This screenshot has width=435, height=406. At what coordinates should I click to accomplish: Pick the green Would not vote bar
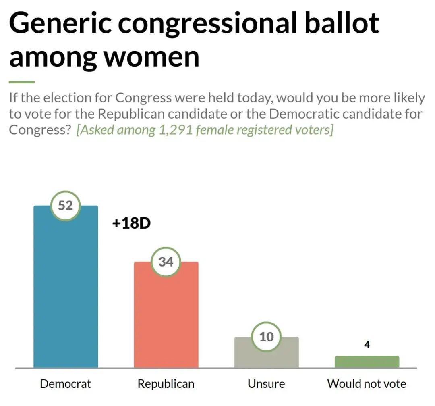click(367, 362)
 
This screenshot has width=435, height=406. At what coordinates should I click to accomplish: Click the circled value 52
click(66, 206)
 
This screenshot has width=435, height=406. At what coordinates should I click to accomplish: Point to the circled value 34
click(166, 262)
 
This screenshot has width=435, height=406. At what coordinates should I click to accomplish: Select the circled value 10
click(267, 337)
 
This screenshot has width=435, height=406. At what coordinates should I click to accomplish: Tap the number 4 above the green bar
click(367, 345)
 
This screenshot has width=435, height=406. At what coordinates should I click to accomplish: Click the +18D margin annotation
click(131, 223)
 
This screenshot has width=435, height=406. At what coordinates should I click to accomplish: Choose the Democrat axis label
click(66, 384)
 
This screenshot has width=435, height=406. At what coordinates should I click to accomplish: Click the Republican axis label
click(166, 384)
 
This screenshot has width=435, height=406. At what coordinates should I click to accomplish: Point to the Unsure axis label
click(266, 384)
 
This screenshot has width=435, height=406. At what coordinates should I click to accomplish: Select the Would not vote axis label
click(367, 384)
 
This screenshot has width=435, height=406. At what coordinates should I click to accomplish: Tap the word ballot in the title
click(342, 22)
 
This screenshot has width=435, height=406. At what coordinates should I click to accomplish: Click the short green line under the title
click(22, 82)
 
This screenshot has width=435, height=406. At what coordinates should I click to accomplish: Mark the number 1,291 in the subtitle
click(176, 130)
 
